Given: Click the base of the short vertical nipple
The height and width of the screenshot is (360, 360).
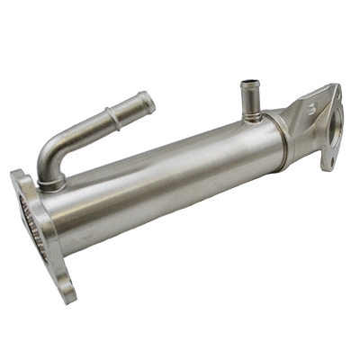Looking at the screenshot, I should [248, 114].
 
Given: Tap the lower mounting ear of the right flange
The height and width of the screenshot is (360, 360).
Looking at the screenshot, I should [328, 162].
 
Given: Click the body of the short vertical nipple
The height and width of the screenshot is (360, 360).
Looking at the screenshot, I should [248, 99].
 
